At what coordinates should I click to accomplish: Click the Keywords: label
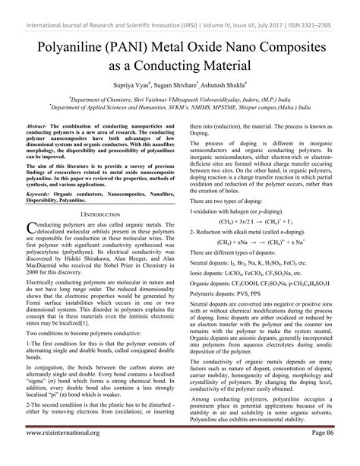[x=41, y=194]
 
